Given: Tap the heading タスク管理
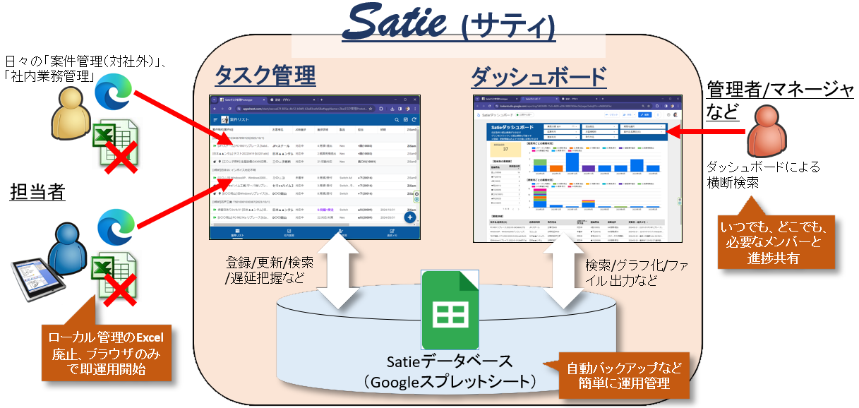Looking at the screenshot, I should click(265, 74).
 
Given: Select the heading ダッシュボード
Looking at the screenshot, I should click(538, 75).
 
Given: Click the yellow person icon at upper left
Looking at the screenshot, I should click(71, 114).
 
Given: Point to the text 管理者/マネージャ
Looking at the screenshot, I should click(779, 89).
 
